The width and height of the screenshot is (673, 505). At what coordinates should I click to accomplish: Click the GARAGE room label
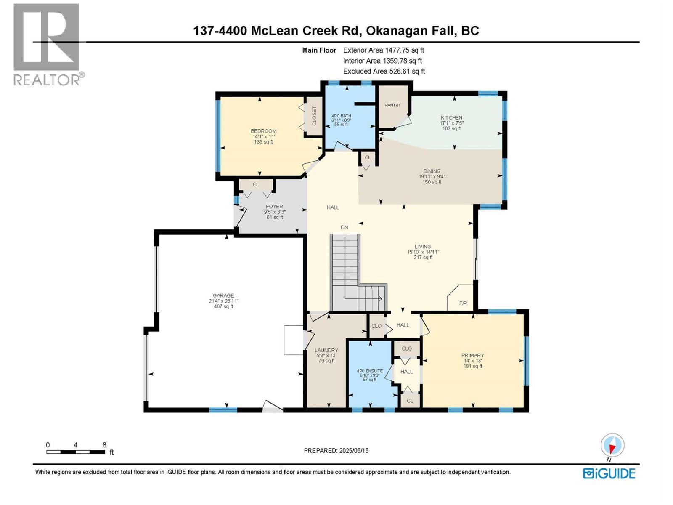pyautogui.click(x=223, y=296)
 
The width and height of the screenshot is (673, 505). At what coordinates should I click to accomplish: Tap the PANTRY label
pyautogui.click(x=393, y=105)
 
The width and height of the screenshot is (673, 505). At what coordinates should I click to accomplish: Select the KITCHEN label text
pyautogui.click(x=451, y=118)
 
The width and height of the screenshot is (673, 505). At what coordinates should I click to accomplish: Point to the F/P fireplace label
pyautogui.click(x=463, y=303)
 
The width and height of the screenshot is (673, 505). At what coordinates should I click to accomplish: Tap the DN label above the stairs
pyautogui.click(x=344, y=227)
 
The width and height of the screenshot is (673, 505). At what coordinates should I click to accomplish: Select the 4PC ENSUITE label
pyautogui.click(x=370, y=371)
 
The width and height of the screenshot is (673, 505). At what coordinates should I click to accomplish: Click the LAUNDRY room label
pyautogui.click(x=326, y=350)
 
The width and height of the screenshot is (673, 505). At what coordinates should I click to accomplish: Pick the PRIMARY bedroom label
pyautogui.click(x=472, y=355)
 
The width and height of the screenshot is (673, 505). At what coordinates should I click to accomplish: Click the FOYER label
pyautogui.click(x=274, y=207)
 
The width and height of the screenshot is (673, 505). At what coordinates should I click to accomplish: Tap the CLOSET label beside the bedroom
pyautogui.click(x=314, y=116)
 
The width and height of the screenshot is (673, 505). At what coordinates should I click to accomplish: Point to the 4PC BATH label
pyautogui.click(x=341, y=116)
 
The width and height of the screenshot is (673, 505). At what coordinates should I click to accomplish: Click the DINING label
pyautogui.click(x=432, y=171)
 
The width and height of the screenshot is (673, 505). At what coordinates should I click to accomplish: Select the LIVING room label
pyautogui.click(x=423, y=247)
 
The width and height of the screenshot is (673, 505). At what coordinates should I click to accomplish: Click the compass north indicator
pyautogui.click(x=612, y=445)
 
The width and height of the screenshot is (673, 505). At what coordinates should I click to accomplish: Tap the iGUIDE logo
pyautogui.click(x=609, y=473)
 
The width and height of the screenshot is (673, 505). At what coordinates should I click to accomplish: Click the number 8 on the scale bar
pyautogui.click(x=104, y=445)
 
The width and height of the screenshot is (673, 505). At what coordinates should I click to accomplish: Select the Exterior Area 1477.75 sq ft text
pyautogui.click(x=383, y=50)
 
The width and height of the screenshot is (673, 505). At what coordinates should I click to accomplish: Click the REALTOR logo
pyautogui.click(x=47, y=44)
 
